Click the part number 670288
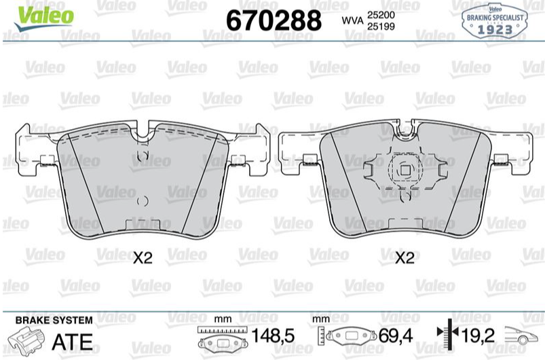(274, 20)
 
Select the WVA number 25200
(381, 15)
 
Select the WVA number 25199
(381, 26)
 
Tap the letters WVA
(352, 20)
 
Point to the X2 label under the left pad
(143, 258)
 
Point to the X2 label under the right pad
(405, 258)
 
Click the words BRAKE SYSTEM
(54, 320)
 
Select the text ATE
(73, 342)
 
